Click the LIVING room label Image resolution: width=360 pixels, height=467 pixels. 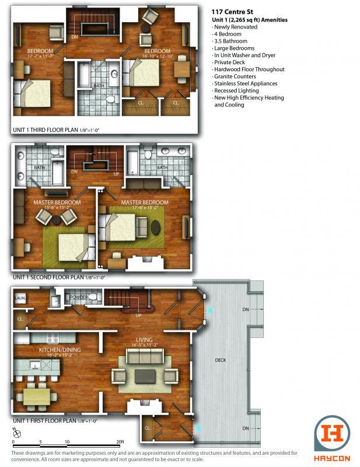(144, 340)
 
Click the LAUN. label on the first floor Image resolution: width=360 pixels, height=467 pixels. (19, 298)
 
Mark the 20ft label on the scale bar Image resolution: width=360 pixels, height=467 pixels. (120, 442)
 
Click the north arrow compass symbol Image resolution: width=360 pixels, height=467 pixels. (17, 433)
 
